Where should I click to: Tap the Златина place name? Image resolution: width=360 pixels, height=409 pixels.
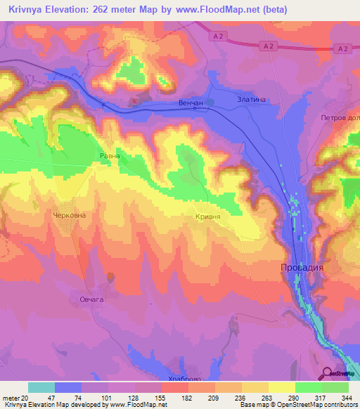pos(252,100)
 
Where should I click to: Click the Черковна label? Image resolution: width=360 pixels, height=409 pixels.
pos(70,215)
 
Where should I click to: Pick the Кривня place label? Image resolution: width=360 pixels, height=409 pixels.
pos(208,217)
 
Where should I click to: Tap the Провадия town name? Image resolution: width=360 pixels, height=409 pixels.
pos(297,268)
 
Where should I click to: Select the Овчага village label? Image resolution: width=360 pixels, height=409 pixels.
pos(90,300)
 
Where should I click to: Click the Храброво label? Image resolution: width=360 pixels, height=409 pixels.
pos(184,377)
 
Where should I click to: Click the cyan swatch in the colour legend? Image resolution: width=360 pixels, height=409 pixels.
pos(41,387)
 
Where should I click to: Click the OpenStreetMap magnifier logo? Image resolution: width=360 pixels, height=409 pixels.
pos(326,372)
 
